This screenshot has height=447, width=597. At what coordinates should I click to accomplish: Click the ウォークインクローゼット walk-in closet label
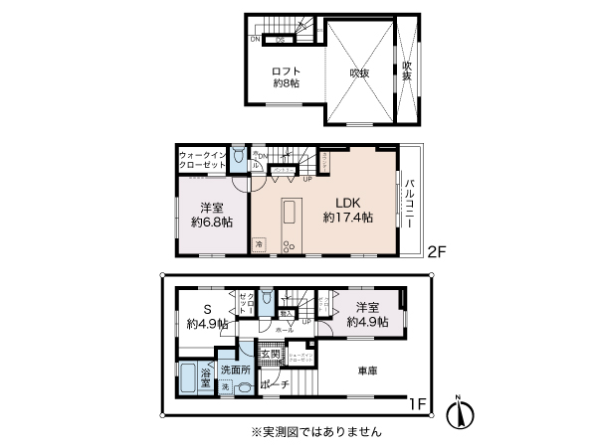coord(203,162)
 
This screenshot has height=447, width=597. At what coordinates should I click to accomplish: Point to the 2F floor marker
coord(437,252)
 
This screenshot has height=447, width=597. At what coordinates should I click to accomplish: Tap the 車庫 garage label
coord(368,371)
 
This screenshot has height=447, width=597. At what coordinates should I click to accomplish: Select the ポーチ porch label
coord(274,385)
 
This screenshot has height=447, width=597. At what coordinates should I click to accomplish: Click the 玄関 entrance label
coord(269,353)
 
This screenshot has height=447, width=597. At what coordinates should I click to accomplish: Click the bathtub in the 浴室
coord(190,378)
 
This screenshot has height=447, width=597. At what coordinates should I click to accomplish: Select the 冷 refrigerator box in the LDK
coord(260,243)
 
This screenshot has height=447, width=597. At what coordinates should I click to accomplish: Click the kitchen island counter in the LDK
coord(291,216)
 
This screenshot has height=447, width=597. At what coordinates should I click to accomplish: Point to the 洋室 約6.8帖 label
coord(210,215)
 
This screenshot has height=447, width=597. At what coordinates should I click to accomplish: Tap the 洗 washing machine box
coord(225,386)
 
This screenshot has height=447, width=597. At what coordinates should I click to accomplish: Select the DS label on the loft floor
coord(280,40)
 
